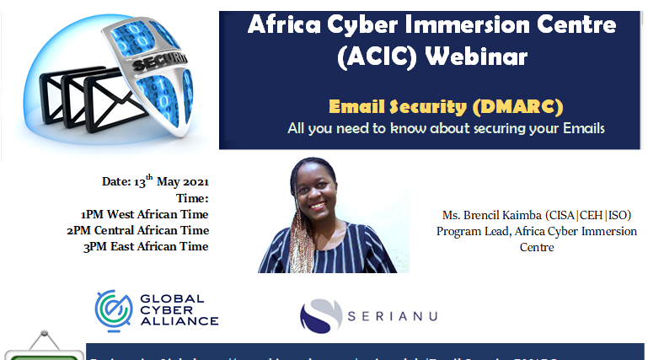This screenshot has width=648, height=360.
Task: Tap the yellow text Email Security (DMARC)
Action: [x=446, y=106]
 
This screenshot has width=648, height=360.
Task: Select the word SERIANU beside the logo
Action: [x=393, y=316]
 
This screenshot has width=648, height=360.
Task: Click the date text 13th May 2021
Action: [x=172, y=181]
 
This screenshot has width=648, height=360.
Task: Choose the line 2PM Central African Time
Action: [x=137, y=230]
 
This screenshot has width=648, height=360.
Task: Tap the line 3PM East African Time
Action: [x=145, y=246]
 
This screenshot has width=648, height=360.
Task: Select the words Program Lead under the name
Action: [x=468, y=231]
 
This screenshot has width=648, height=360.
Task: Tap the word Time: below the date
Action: [x=192, y=198]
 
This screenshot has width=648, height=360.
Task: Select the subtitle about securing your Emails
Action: [x=446, y=128]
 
